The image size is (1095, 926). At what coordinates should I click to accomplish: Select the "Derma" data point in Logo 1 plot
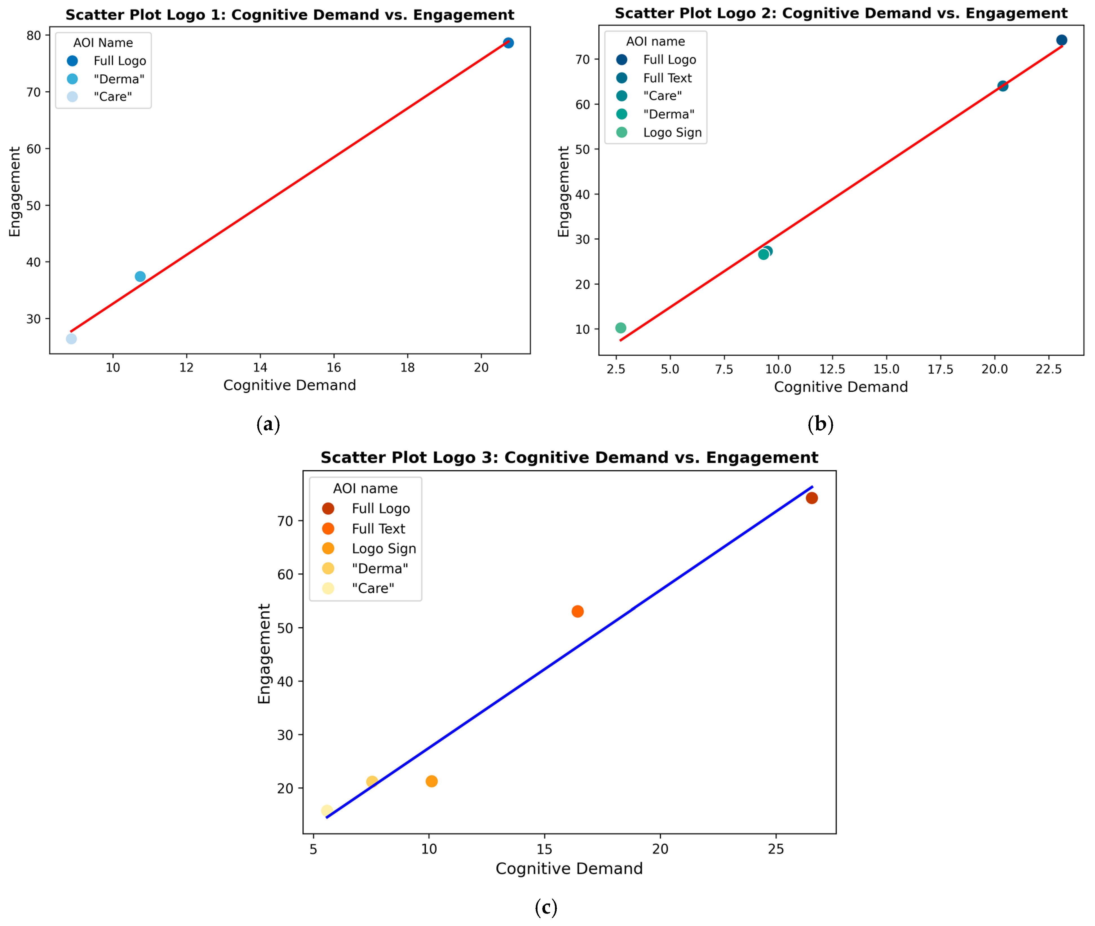[x=140, y=277]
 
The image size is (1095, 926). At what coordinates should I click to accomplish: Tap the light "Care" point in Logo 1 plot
[x=71, y=339]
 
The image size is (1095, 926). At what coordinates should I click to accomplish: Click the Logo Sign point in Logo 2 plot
[x=620, y=328]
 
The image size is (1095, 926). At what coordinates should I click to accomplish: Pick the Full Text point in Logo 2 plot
[x=1003, y=86]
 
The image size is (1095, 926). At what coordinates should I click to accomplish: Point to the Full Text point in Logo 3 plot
[x=578, y=612]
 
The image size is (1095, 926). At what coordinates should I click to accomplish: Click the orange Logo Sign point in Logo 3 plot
[x=432, y=782]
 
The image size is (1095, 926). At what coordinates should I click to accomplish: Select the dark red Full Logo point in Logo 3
[x=811, y=498]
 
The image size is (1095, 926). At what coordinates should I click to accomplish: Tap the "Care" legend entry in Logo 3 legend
[x=373, y=589]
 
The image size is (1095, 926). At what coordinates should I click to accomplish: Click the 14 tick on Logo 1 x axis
[x=260, y=368]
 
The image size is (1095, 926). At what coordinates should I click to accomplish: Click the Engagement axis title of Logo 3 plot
[x=264, y=653]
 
